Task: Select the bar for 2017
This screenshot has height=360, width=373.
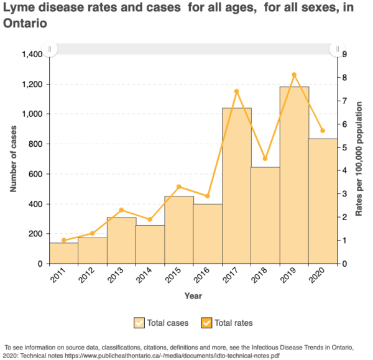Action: [237, 186]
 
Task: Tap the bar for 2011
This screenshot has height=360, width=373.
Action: [63, 253]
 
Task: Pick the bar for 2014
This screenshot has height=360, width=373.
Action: [150, 244]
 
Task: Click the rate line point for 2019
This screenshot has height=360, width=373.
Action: [294, 75]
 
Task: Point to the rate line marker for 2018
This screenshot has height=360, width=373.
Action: [265, 159]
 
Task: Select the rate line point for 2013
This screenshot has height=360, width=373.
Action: [121, 210]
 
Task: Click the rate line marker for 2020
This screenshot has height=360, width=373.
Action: [323, 131]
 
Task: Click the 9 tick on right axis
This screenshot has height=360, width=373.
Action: [344, 55]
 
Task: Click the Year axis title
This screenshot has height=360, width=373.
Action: [193, 296]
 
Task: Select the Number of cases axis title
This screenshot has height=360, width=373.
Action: [13, 159]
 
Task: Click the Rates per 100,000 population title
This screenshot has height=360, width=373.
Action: [359, 159]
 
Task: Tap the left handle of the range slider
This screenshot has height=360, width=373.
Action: [50, 48]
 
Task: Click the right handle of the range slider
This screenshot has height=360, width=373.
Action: [338, 48]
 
